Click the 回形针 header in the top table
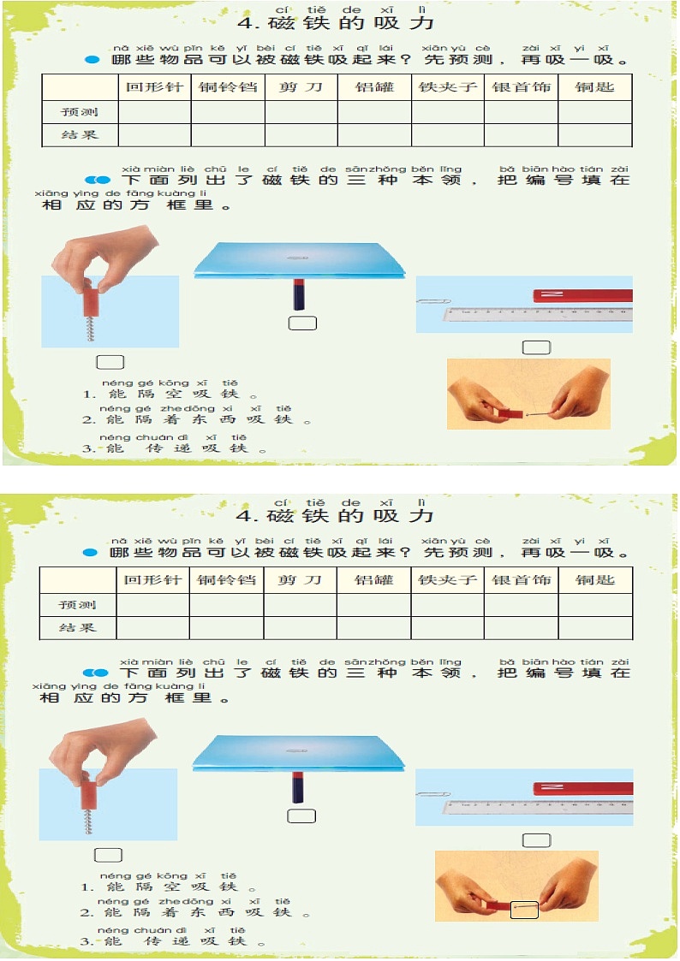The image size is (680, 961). (154, 87)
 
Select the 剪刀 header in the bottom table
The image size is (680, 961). (300, 580)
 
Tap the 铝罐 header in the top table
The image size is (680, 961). (374, 87)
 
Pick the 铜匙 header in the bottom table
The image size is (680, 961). (595, 580)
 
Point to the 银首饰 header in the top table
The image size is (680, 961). (521, 87)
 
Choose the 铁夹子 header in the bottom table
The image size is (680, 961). (447, 580)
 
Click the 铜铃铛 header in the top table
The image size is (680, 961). (227, 87)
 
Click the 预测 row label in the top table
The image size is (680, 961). (79, 112)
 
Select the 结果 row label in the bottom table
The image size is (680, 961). (77, 628)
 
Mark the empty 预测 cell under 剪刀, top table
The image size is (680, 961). (301, 112)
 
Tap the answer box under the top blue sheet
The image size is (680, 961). (303, 323)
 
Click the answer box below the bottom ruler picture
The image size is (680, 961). (537, 840)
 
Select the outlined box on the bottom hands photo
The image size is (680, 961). (524, 910)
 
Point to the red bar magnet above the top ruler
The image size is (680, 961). (582, 296)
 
